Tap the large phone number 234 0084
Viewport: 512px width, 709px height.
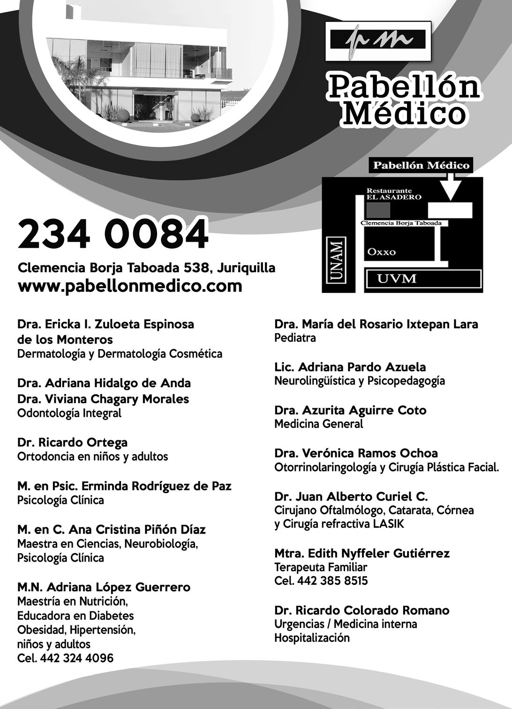point(113,234)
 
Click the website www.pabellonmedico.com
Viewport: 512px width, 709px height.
point(130,286)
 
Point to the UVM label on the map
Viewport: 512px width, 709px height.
point(397,279)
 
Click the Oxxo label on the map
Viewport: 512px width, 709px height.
point(381,252)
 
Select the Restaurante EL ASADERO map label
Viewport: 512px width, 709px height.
point(394,194)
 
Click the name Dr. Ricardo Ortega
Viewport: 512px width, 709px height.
point(72,442)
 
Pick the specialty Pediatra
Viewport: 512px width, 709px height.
point(295,338)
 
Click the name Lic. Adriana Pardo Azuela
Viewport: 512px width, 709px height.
point(350,367)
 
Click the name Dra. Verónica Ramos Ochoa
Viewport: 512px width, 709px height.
point(356,453)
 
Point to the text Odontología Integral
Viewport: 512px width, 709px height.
point(69,413)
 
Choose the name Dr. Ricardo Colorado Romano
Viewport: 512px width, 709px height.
point(361,610)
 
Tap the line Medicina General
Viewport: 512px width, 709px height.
point(318,424)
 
